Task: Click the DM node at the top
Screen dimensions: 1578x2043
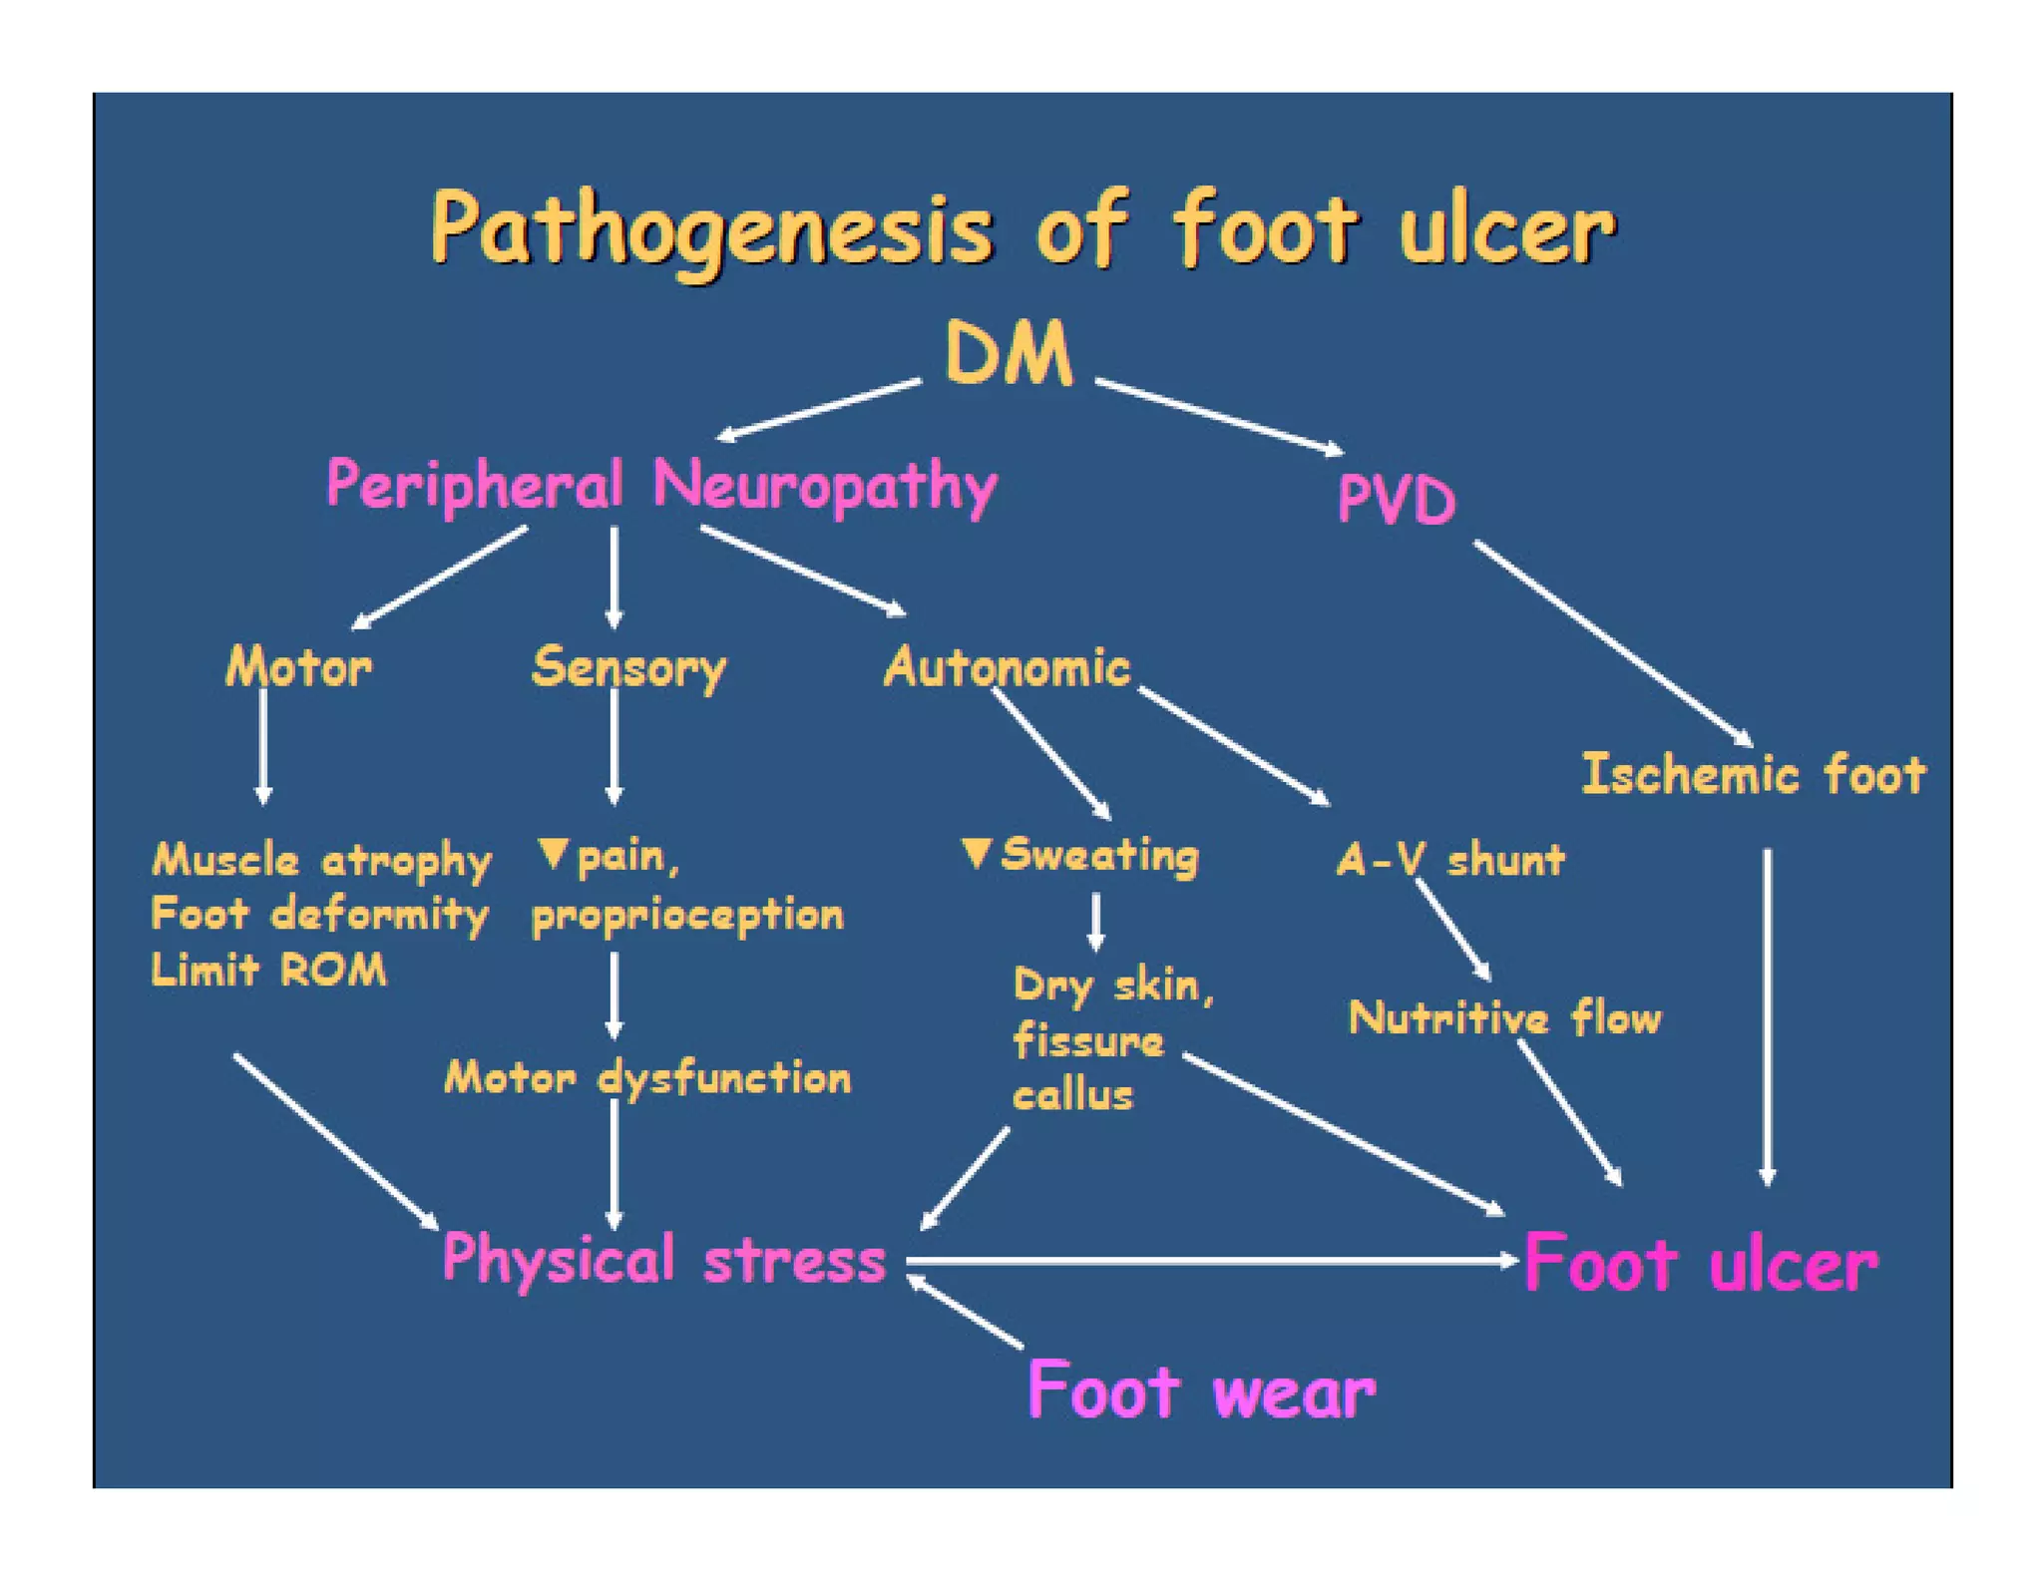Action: click(x=1009, y=353)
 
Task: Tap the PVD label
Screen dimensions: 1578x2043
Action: click(x=1395, y=499)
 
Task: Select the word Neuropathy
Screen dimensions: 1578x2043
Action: click(x=825, y=487)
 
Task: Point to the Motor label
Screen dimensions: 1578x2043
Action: click(x=298, y=666)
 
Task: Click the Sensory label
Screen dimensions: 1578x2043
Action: click(x=628, y=667)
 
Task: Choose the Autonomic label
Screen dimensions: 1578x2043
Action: click(x=1007, y=666)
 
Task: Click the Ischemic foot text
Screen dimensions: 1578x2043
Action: click(x=1753, y=775)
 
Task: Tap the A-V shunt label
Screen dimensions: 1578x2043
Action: click(x=1449, y=859)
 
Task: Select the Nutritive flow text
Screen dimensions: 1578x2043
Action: click(x=1503, y=1018)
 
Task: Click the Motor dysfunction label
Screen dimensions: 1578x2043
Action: click(x=647, y=1077)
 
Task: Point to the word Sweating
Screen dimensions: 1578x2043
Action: click(x=1098, y=855)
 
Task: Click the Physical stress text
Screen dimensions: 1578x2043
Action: click(x=663, y=1259)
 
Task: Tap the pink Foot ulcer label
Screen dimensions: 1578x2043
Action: click(x=1700, y=1264)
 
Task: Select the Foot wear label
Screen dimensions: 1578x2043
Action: click(x=1200, y=1390)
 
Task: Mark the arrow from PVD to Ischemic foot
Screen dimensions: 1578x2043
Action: click(x=1612, y=643)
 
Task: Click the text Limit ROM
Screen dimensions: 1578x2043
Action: click(x=268, y=970)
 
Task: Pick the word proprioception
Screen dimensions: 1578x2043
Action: click(x=687, y=915)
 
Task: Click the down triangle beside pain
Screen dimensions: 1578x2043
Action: click(x=553, y=853)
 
